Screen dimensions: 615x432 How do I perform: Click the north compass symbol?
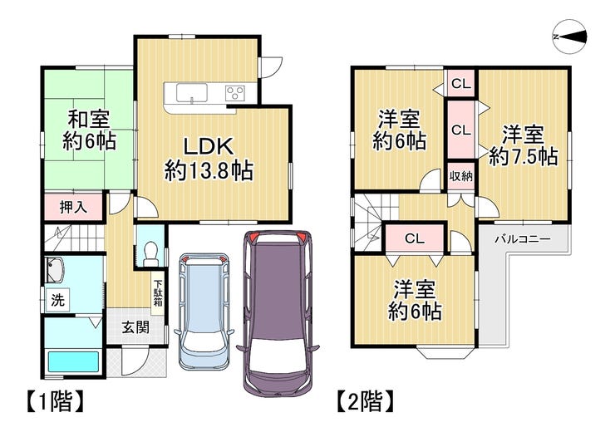click(x=569, y=37)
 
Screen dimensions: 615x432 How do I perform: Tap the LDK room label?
click(x=209, y=146)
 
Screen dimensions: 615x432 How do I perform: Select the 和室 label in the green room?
click(x=90, y=120)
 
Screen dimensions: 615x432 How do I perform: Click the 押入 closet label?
click(x=73, y=207)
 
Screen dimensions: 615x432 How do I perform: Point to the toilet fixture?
click(x=150, y=253)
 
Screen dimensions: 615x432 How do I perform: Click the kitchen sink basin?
click(x=191, y=93)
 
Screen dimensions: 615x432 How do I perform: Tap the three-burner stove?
click(x=235, y=93)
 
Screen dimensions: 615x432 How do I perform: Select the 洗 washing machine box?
click(x=57, y=300)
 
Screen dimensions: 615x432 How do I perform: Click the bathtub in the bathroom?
click(x=73, y=362)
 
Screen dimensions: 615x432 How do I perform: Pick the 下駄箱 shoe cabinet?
click(x=158, y=292)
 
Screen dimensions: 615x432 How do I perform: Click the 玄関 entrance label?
click(x=135, y=327)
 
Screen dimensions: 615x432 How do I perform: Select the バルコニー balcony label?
click(x=523, y=239)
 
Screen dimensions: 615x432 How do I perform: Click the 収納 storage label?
click(x=461, y=176)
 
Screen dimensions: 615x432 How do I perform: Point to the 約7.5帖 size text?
click(x=524, y=158)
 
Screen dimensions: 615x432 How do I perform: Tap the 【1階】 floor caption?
click(x=55, y=401)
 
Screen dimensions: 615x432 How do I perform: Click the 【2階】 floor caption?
click(x=366, y=401)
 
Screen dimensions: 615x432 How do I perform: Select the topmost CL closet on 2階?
click(x=461, y=84)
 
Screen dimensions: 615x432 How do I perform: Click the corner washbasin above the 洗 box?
click(x=55, y=271)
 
